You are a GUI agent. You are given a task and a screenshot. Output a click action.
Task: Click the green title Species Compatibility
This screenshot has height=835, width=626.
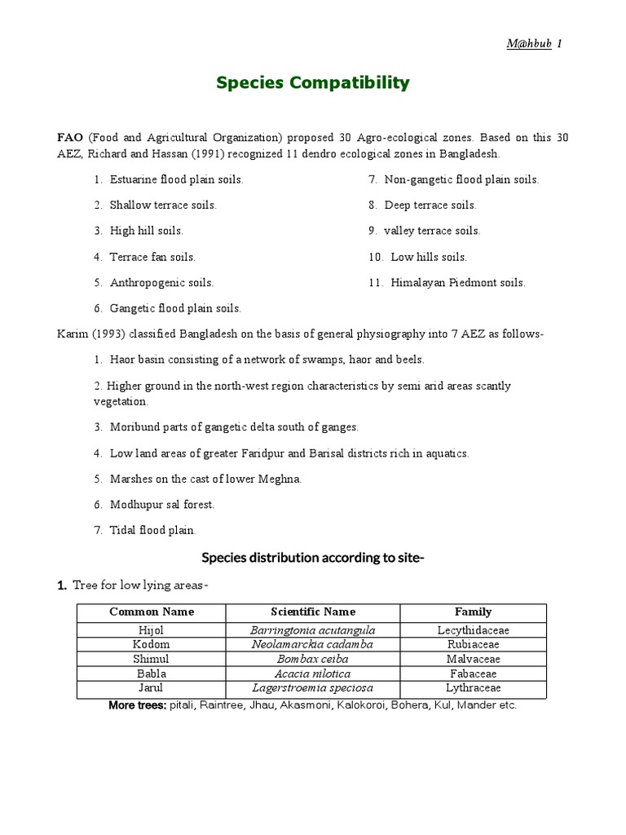313,83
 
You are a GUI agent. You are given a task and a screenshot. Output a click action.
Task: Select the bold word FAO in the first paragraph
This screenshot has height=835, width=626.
70,139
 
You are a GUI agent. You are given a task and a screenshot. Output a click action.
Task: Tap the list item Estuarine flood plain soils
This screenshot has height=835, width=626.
176,179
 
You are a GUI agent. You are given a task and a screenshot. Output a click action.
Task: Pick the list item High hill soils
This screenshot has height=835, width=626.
146,231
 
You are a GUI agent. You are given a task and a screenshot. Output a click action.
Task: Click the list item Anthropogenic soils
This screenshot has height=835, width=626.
161,283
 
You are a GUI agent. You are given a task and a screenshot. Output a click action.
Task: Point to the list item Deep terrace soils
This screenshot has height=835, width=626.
430,205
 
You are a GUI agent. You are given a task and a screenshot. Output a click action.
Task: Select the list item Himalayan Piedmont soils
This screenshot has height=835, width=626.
457,283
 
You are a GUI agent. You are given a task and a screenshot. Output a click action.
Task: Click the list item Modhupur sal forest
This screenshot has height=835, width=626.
162,505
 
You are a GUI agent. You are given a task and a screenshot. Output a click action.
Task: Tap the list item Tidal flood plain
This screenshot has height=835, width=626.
152,531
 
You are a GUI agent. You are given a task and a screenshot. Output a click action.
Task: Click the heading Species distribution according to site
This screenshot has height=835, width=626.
313,558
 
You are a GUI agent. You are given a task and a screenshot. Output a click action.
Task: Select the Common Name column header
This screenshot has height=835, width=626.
152,612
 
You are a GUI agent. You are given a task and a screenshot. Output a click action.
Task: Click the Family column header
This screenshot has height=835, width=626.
474,612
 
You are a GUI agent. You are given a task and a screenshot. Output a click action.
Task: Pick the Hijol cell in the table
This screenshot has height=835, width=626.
152,630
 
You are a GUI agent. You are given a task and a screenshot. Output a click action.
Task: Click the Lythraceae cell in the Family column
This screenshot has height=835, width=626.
474,688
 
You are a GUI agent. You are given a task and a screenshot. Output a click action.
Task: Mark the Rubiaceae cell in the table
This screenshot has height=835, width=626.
474,644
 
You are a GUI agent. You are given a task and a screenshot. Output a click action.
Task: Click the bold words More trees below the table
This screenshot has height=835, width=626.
138,705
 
